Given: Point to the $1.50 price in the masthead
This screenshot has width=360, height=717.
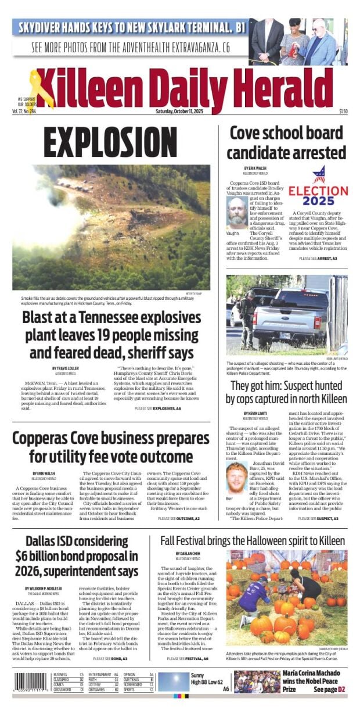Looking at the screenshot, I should pos(343,111).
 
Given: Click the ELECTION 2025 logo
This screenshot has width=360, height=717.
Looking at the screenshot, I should pos(318,188).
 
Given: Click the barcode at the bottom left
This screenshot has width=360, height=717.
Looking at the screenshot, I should pos(31,682).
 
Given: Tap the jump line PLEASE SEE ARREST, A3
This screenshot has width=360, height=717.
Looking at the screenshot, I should pos(318,258).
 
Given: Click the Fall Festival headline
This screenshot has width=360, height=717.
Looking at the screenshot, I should pos(253,539).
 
